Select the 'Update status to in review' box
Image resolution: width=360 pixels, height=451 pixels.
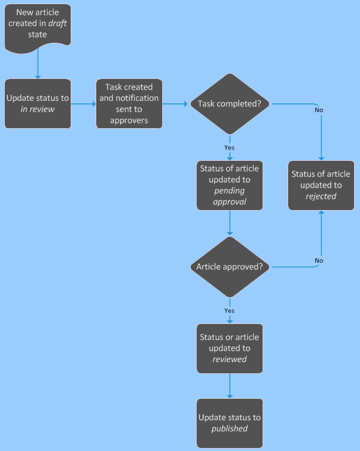tap(38, 103)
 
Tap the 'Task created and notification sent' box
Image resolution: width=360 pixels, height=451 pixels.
tap(129, 103)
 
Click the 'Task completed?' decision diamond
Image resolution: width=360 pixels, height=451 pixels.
tap(229, 104)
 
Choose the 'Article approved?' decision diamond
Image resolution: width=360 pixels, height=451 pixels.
tap(229, 267)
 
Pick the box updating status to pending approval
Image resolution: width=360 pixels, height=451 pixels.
tap(229, 185)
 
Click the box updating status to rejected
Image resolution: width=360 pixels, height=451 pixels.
tap(321, 185)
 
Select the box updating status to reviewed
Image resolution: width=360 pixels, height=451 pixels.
tap(229, 348)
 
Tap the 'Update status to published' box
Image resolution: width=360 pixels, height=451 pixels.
tap(229, 423)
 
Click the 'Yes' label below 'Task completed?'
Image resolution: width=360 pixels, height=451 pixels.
tap(229, 147)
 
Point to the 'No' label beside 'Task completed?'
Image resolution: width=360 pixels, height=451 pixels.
tap(319, 110)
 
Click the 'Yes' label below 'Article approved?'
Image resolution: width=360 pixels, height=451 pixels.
tap(229, 310)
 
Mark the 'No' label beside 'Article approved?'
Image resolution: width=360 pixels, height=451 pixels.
tap(319, 261)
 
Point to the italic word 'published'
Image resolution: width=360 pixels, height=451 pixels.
tap(229, 428)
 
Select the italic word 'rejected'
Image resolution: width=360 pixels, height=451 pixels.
tap(321, 196)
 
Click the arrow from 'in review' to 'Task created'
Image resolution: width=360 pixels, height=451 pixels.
tap(83, 104)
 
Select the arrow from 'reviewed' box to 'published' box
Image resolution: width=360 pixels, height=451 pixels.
tap(229, 386)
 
